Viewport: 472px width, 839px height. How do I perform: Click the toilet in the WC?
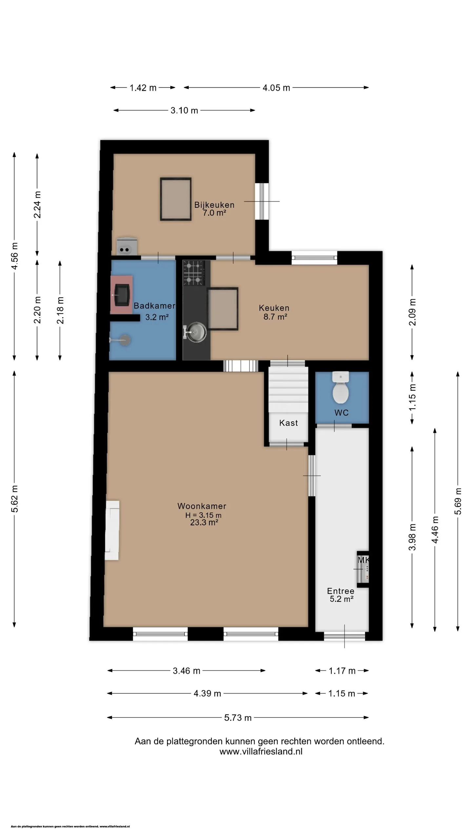[x=341, y=387]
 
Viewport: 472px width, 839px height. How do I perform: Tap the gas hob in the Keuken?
[x=194, y=273]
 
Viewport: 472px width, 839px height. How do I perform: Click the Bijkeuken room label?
[x=214, y=205]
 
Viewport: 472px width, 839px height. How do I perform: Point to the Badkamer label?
[x=154, y=306]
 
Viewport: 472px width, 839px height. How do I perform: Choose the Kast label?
[x=288, y=423]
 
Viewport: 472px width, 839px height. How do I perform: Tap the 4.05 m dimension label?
[x=276, y=88]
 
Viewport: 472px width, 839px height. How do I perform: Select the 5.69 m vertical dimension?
[x=458, y=501]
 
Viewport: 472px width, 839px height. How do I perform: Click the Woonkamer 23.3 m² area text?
[x=204, y=522]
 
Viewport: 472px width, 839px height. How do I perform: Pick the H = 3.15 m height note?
[x=203, y=515]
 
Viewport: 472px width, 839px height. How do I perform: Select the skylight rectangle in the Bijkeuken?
[x=176, y=199]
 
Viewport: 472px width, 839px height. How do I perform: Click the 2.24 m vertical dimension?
[x=37, y=205]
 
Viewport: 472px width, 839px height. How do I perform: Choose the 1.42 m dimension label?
[x=143, y=88]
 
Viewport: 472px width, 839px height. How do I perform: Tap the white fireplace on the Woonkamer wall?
[x=112, y=530]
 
